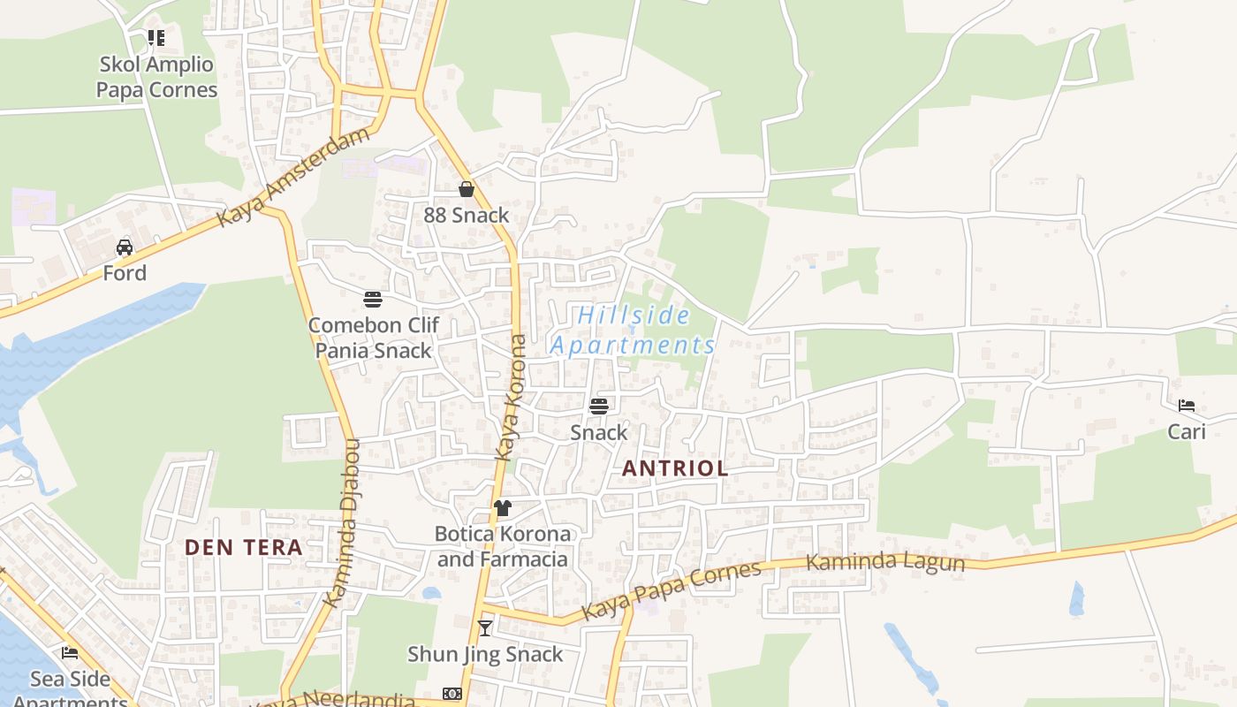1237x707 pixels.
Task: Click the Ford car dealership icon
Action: pyautogui.click(x=125, y=247)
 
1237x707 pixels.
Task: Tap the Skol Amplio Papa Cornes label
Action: pyautogui.click(x=156, y=77)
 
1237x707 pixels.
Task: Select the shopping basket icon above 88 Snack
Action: pyautogui.click(x=467, y=189)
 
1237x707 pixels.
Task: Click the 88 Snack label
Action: pyautogui.click(x=467, y=215)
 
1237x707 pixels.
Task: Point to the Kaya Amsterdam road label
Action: pyautogui.click(x=293, y=177)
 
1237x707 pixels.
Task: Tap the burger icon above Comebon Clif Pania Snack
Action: pyautogui.click(x=373, y=300)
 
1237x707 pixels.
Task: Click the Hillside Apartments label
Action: pyautogui.click(x=634, y=330)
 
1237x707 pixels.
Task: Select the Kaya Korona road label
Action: pyautogui.click(x=512, y=398)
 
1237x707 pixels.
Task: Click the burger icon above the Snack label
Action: pyautogui.click(x=599, y=407)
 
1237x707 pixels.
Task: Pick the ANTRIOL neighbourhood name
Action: pyautogui.click(x=676, y=468)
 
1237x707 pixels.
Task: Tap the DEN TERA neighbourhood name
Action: pyautogui.click(x=244, y=547)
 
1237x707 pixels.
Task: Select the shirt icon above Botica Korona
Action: pyautogui.click(x=503, y=508)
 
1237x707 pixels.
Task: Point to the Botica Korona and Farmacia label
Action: pyautogui.click(x=503, y=547)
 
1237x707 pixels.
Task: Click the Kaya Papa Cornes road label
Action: pyautogui.click(x=672, y=590)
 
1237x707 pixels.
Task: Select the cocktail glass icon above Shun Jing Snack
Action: pyautogui.click(x=485, y=628)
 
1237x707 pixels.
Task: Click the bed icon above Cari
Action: pyautogui.click(x=1187, y=406)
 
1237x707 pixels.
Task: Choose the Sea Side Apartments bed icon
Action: pyautogui.click(x=70, y=653)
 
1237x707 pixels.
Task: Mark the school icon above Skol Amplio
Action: pyautogui.click(x=156, y=38)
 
